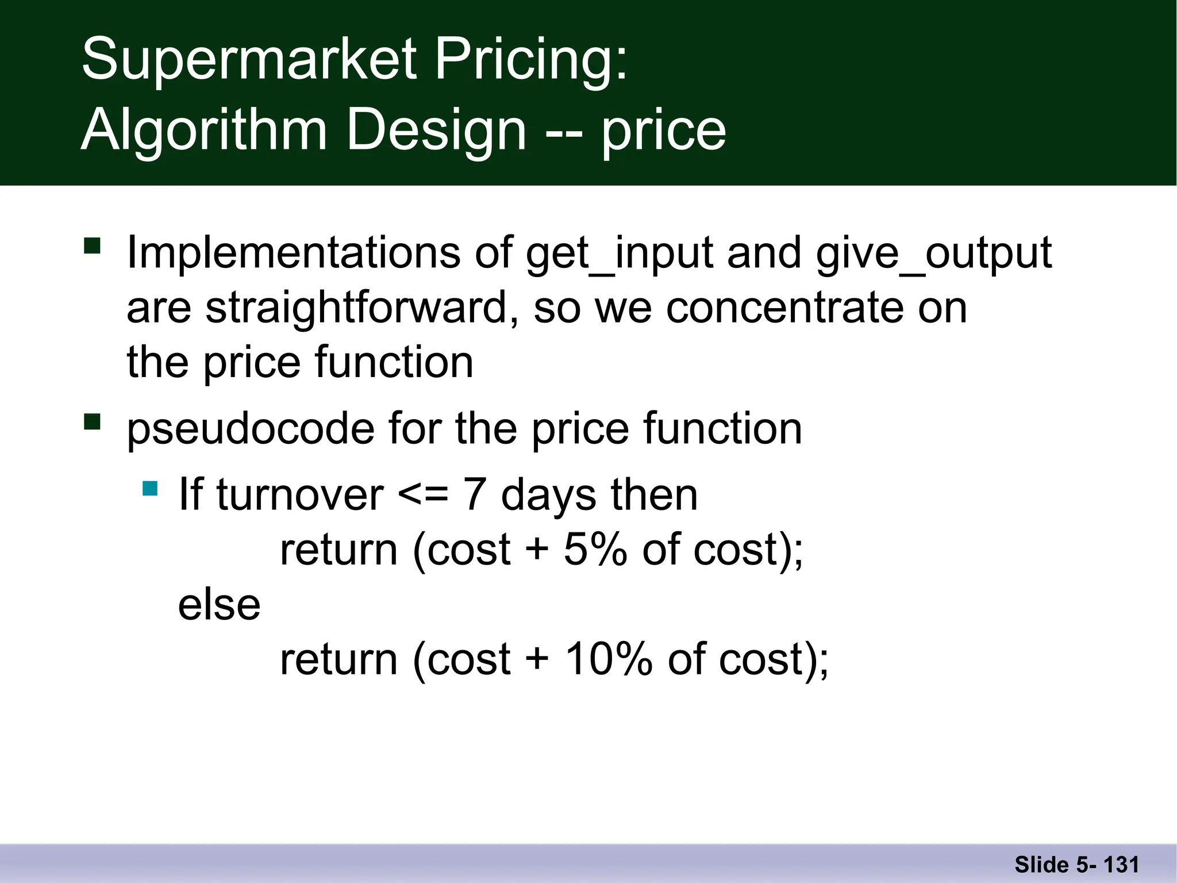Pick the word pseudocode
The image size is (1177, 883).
pos(251,430)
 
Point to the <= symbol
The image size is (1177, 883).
pos(423,494)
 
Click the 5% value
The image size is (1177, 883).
pos(595,550)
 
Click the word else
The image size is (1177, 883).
pos(219,605)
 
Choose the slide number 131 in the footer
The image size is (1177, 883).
pos(1121,865)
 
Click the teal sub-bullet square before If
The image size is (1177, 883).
pos(150,489)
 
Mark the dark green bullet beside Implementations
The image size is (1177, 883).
pos(92,246)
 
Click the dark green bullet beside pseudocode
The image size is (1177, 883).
pos(92,422)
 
